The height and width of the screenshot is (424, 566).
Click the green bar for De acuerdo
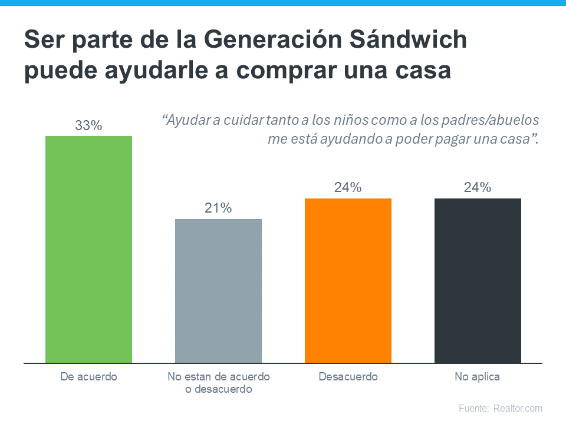[88, 249]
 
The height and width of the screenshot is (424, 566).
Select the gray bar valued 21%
[218, 291]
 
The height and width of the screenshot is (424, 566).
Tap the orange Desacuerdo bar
[348, 280]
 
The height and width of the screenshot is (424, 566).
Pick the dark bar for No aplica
[478, 280]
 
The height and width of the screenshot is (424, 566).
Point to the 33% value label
[88, 125]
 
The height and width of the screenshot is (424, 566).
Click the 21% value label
[218, 208]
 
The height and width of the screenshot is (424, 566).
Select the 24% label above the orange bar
[348, 188]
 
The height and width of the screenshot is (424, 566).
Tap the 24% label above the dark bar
[478, 188]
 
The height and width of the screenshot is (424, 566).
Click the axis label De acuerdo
[89, 377]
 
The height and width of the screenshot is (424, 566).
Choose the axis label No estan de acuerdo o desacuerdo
[218, 383]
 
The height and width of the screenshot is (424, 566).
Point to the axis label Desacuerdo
[348, 377]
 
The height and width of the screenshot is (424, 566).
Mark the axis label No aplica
[477, 377]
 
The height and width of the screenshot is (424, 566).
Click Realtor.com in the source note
[518, 408]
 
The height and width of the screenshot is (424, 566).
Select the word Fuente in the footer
[473, 408]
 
